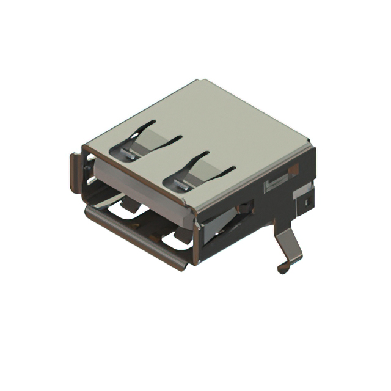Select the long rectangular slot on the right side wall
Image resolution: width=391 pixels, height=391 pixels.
click(x=276, y=183)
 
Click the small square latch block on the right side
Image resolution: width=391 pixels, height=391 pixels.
click(x=304, y=197)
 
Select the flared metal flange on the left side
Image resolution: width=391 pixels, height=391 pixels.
click(x=75, y=173)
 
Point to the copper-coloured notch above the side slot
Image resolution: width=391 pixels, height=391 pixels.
click(x=294, y=168)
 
